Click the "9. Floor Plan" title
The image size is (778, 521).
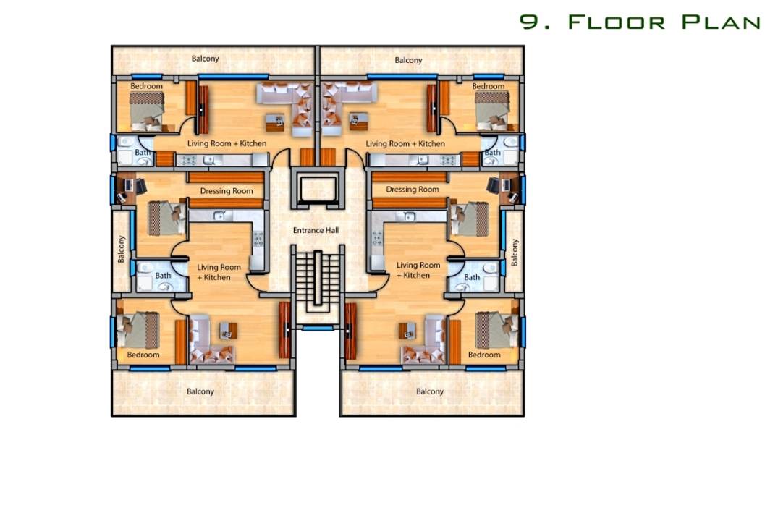click(x=640, y=22)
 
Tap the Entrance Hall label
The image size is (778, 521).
click(x=316, y=230)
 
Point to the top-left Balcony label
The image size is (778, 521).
click(x=206, y=59)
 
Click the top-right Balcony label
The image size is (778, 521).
click(x=408, y=60)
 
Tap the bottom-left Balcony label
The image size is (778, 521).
click(x=200, y=391)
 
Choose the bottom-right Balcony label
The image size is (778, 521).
click(x=430, y=391)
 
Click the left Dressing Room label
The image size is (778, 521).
click(x=227, y=191)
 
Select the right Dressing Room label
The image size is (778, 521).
click(x=413, y=190)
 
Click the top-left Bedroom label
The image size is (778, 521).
click(x=146, y=86)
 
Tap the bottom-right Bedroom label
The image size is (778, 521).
click(x=484, y=355)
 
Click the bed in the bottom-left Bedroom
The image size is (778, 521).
click(x=138, y=330)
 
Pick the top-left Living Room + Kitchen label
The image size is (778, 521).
click(x=227, y=143)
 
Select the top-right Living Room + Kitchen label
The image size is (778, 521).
click(x=405, y=143)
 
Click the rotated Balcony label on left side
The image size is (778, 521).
click(x=121, y=249)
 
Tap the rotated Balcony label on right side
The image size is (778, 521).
click(x=515, y=253)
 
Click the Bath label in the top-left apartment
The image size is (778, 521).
click(x=143, y=153)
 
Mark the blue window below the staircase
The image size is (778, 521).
click(x=318, y=328)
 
